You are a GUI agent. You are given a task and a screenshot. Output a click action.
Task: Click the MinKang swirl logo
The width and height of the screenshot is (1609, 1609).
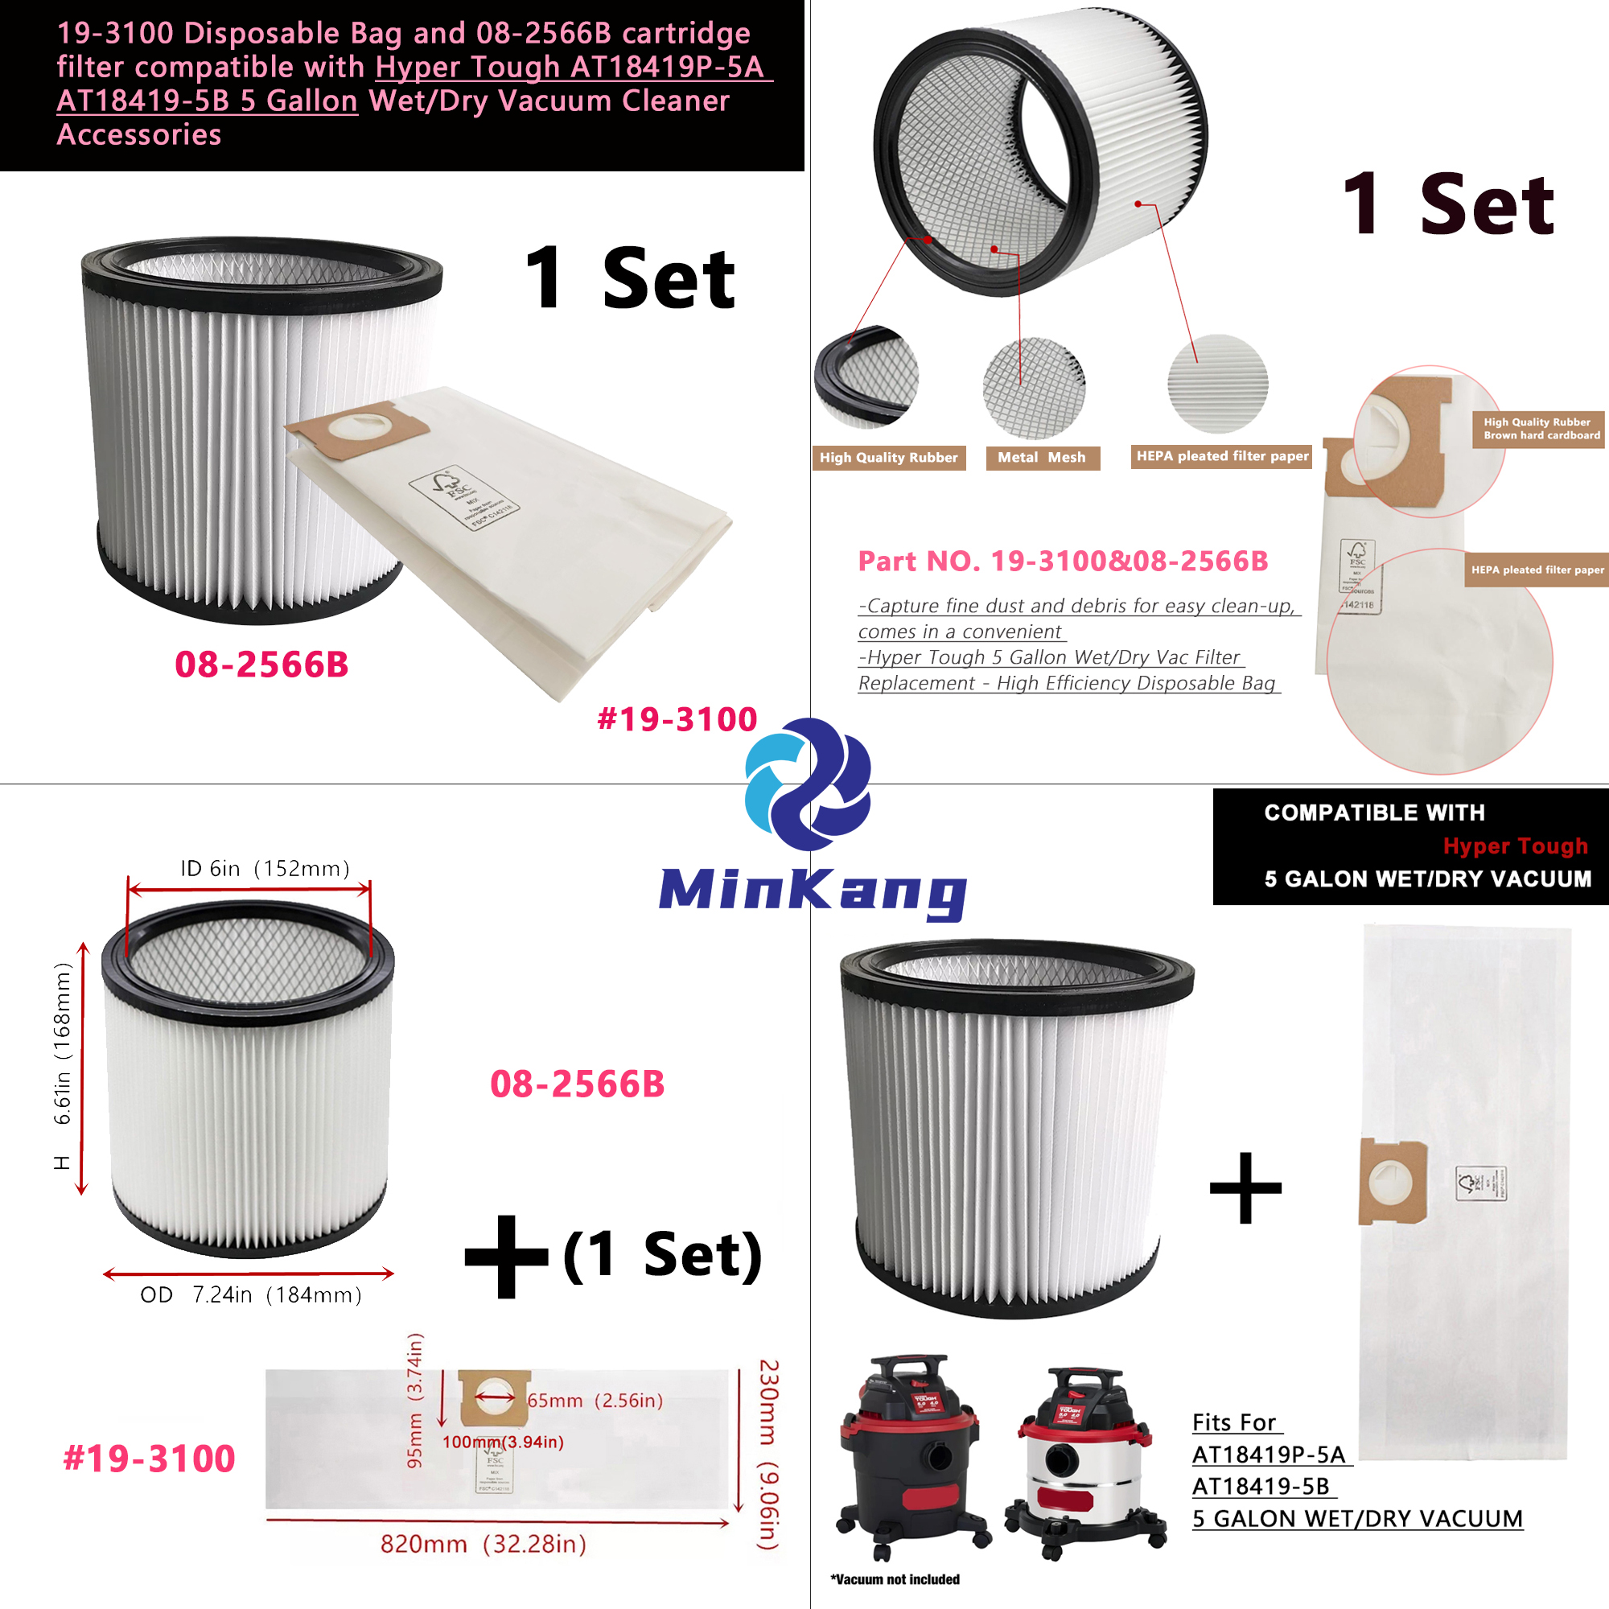pyautogui.click(x=807, y=784)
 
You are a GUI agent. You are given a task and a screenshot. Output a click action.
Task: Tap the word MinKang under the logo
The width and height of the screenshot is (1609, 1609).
pyautogui.click(x=812, y=891)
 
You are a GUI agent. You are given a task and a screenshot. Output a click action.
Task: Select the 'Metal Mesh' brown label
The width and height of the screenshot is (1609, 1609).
pyautogui.click(x=1042, y=457)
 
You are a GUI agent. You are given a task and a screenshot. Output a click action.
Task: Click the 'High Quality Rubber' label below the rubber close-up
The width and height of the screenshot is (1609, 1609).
pyautogui.click(x=889, y=457)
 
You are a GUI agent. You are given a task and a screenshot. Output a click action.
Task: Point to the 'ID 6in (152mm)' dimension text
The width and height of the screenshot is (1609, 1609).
pyautogui.click(x=265, y=869)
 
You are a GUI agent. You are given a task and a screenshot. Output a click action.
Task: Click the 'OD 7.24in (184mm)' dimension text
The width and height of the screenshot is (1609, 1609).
pyautogui.click(x=251, y=1294)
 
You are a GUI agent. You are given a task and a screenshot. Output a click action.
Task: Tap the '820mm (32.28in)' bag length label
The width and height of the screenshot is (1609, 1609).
pyautogui.click(x=483, y=1544)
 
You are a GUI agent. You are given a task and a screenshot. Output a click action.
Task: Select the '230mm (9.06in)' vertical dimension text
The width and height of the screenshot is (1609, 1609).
pyautogui.click(x=767, y=1454)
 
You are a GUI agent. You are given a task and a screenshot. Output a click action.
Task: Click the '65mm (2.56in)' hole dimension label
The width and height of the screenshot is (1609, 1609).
pyautogui.click(x=595, y=1401)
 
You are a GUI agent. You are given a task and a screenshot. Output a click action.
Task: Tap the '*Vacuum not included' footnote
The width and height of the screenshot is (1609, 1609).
pyautogui.click(x=895, y=1579)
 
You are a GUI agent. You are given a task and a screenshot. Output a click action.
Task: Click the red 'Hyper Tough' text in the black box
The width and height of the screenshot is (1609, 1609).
pyautogui.click(x=1515, y=846)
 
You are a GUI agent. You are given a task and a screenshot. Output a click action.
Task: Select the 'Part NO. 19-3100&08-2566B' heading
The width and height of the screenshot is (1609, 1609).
pyautogui.click(x=1063, y=562)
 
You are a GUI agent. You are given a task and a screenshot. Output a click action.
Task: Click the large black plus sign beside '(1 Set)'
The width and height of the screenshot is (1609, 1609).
pyautogui.click(x=505, y=1257)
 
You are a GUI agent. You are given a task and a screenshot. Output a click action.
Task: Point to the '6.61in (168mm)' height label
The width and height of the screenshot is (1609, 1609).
pyautogui.click(x=63, y=1043)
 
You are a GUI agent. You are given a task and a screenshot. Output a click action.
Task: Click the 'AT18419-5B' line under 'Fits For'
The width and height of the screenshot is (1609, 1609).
pyautogui.click(x=1261, y=1487)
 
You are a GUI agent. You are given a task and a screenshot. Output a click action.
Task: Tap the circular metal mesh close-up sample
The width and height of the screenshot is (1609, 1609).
pyautogui.click(x=1034, y=388)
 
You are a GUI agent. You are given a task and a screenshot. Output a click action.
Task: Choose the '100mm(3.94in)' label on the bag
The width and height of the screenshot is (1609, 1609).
pyautogui.click(x=503, y=1442)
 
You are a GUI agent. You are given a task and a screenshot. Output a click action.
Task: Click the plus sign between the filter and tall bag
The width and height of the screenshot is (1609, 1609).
pyautogui.click(x=1245, y=1187)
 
